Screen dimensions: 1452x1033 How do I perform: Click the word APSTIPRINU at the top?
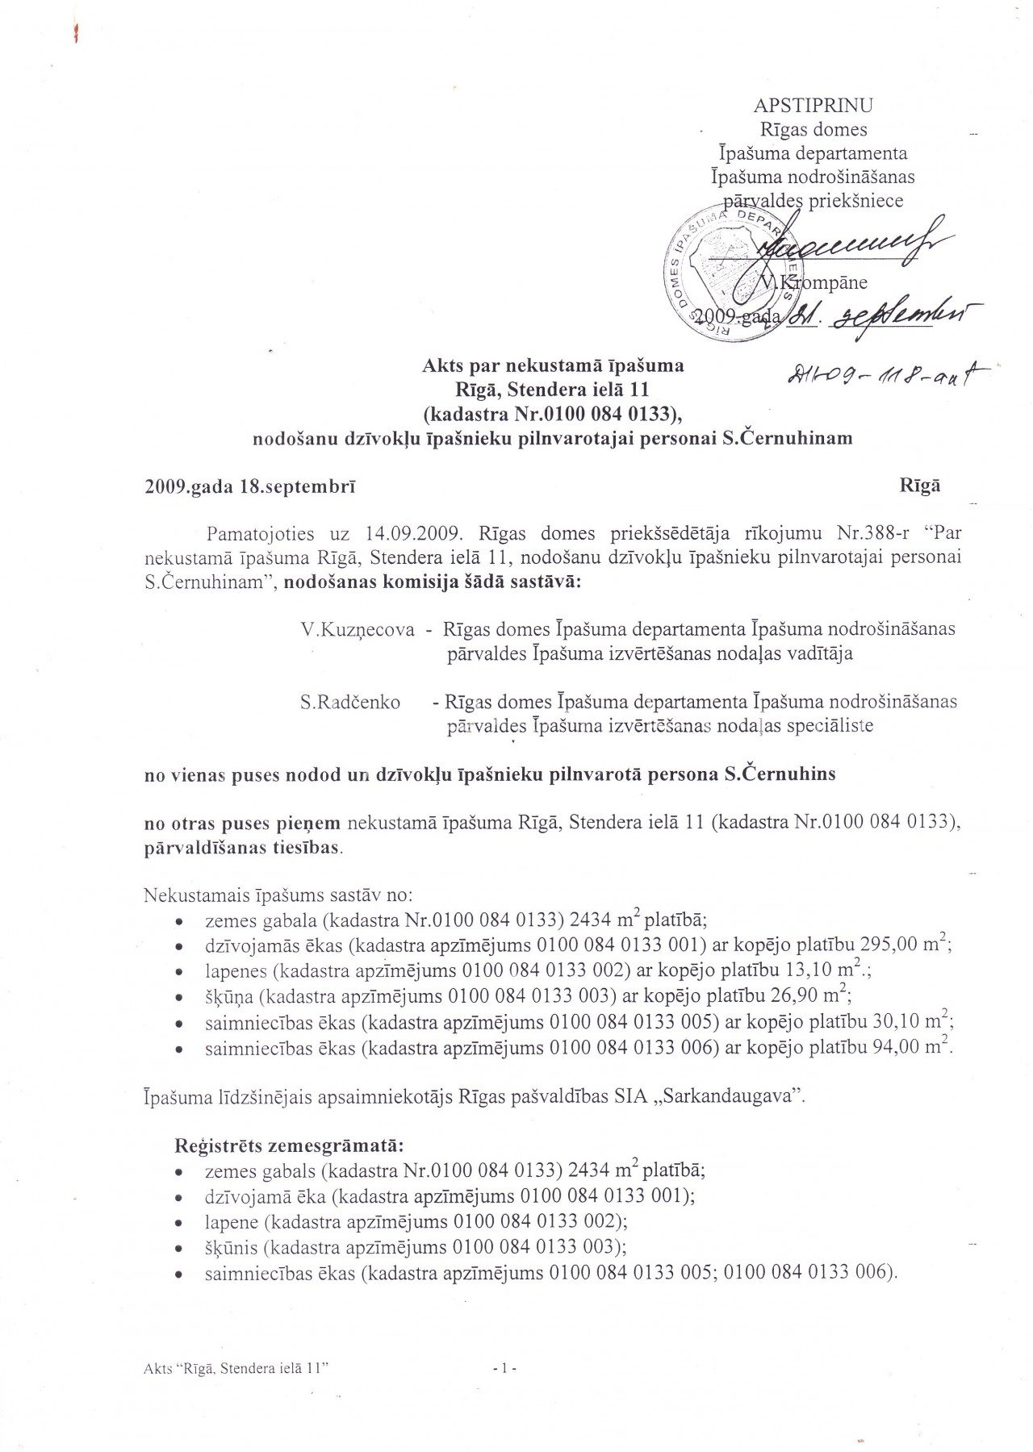click(x=813, y=106)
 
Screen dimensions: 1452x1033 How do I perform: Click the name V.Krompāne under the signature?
click(x=815, y=282)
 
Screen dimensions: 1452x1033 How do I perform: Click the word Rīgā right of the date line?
click(x=920, y=486)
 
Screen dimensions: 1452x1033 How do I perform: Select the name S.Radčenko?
click(x=350, y=703)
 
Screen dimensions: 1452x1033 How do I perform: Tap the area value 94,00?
click(x=890, y=1048)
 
